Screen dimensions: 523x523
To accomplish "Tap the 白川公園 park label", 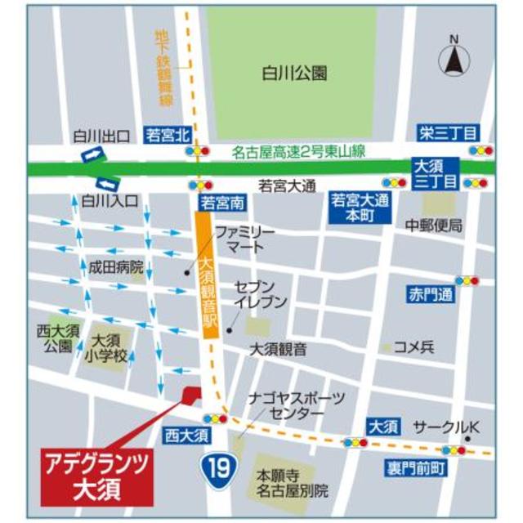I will coord(295,74).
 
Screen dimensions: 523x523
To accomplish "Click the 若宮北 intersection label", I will coord(167,133).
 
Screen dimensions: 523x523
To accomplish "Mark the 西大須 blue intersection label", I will coord(187,432).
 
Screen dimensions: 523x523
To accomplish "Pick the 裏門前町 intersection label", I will coord(416,468).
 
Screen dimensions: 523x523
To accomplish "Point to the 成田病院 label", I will coord(116,266).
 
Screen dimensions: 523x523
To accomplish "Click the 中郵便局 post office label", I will coord(434,225).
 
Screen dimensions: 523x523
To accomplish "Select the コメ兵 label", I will coord(413,347).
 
